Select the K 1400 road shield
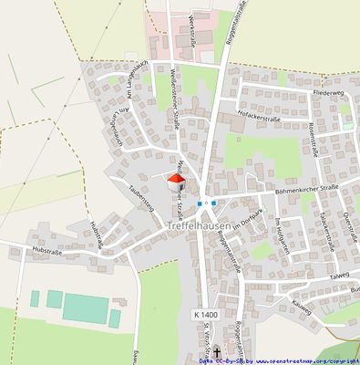(206, 314)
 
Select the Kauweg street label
(321, 296)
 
